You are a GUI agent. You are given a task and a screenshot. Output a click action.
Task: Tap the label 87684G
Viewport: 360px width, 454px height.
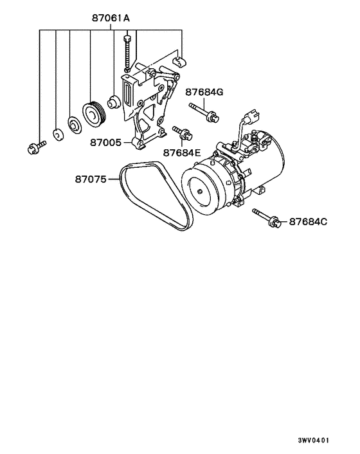tap(205, 92)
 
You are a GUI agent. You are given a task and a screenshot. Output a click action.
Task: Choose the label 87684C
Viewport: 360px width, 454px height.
tap(308, 222)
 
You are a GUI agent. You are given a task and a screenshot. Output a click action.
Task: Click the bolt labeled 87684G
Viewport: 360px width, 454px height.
tap(202, 113)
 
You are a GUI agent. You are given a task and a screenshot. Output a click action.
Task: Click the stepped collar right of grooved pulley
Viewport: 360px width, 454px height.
tap(114, 102)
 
